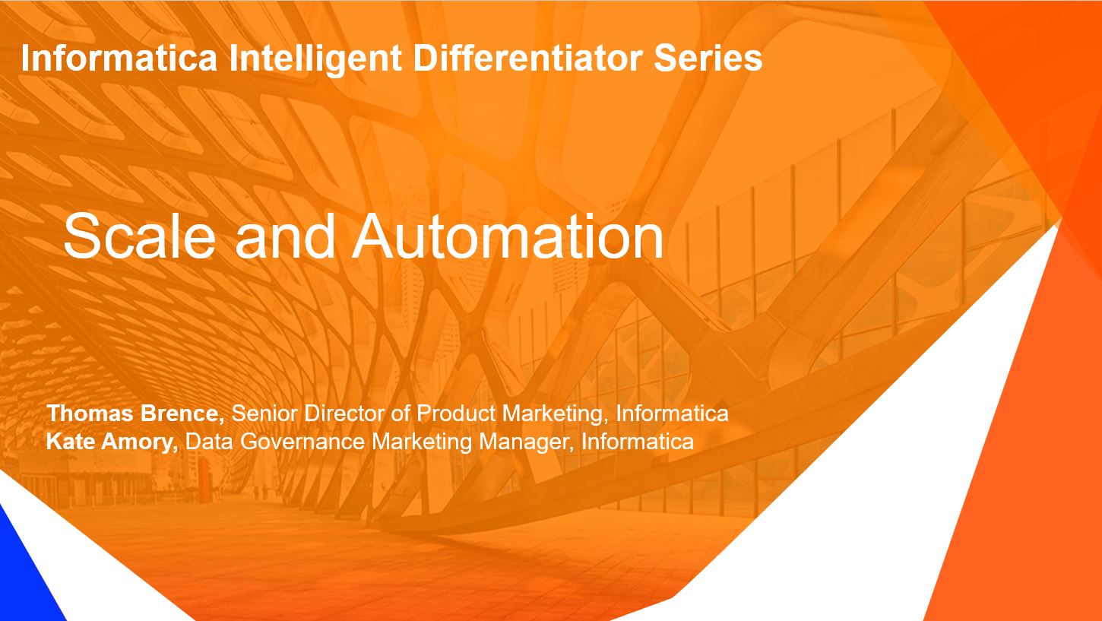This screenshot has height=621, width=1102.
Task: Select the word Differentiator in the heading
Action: pos(528,58)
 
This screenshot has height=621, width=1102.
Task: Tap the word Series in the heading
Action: pos(708,58)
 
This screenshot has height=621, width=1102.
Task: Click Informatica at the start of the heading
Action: pos(119,58)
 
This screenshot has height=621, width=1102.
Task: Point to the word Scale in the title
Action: pos(140,236)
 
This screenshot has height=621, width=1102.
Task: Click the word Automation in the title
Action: pos(507,236)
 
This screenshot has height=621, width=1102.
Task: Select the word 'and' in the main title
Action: pos(285,236)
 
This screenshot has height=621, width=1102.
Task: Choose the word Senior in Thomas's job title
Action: pos(264,413)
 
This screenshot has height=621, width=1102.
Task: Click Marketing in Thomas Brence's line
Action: pos(555,414)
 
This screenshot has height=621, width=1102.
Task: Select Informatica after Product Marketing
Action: pos(672,413)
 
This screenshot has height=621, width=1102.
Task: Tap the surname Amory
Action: pos(139,442)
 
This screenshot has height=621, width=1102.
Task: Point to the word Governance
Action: pos(302,442)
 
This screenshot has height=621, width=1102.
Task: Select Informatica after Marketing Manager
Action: pos(638,442)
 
